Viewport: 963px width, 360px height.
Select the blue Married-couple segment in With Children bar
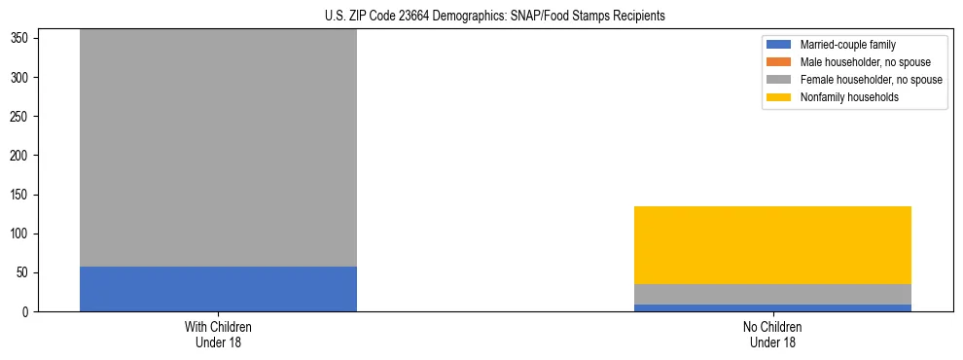218,289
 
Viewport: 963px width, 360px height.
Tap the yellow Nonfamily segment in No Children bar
772,245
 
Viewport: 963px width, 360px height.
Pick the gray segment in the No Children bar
772,294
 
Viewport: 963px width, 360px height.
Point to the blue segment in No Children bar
772,307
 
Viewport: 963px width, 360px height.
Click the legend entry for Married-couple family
847,45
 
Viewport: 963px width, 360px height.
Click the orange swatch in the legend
779,62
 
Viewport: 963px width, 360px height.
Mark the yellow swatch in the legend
779,97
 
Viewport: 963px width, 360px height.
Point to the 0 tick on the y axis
29,312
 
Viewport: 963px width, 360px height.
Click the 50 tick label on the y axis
26,273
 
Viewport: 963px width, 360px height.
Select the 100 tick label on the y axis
23,234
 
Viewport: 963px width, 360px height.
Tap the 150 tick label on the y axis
23,195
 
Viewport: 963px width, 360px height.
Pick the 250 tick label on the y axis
23,117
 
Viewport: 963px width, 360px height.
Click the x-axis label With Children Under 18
218,334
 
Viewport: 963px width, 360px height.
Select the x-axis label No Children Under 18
772,334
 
